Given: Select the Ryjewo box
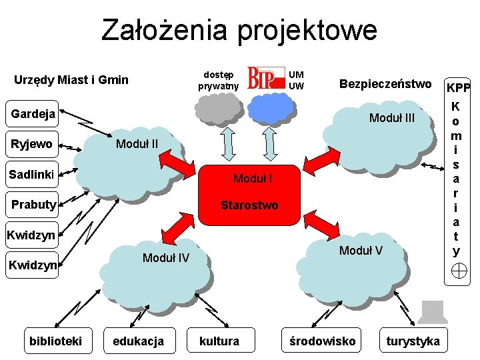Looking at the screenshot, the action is pyautogui.click(x=31, y=143).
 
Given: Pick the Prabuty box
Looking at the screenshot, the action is pyautogui.click(x=33, y=204).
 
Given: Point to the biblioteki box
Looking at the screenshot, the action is pyautogui.click(x=55, y=341).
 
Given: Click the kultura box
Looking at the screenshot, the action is pyautogui.click(x=219, y=341).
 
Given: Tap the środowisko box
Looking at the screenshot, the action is pyautogui.click(x=322, y=341).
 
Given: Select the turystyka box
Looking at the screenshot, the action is pyautogui.click(x=413, y=341).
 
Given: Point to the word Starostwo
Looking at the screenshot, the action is pyautogui.click(x=249, y=205).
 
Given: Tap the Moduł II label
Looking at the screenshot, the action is pyautogui.click(x=137, y=143).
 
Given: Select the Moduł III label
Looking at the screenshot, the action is pyautogui.click(x=392, y=118).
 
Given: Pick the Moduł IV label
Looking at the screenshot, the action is pyautogui.click(x=166, y=258).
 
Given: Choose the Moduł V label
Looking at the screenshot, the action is pyautogui.click(x=361, y=250).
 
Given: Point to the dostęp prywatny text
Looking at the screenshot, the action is pyautogui.click(x=218, y=80).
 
